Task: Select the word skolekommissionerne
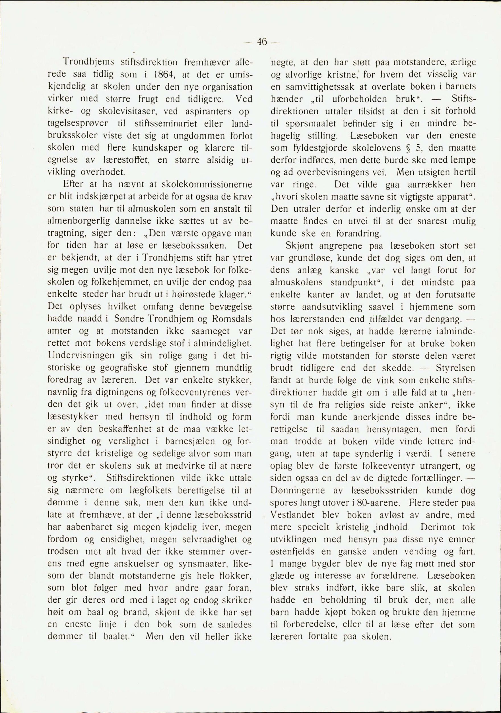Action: (x=207, y=184)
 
